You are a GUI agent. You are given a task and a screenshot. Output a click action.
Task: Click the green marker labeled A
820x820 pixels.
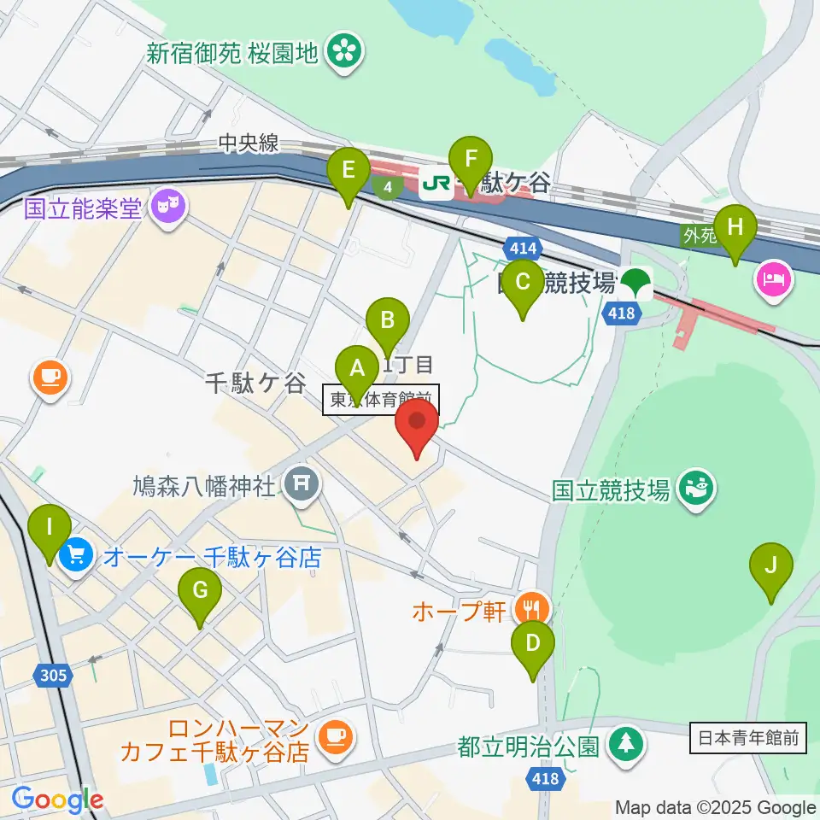[x=359, y=370]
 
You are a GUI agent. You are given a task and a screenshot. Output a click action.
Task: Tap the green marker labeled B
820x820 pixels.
[x=388, y=321]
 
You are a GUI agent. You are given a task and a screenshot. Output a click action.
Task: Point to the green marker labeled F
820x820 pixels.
[x=471, y=159]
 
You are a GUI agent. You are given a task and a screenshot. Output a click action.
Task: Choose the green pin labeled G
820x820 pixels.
[x=200, y=591]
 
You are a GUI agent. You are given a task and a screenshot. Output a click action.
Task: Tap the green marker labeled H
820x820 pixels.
[x=736, y=229]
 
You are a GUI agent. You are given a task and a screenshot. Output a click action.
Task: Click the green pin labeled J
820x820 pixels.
[x=771, y=566]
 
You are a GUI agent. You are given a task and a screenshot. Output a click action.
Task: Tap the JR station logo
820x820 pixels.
[x=436, y=184]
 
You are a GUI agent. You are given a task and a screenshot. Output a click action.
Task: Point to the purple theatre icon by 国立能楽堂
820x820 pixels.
[x=167, y=208]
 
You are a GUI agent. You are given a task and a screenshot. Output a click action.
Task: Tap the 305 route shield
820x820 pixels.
[x=51, y=676]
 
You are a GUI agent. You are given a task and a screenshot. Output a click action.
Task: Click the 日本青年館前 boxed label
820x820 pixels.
[x=747, y=738]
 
